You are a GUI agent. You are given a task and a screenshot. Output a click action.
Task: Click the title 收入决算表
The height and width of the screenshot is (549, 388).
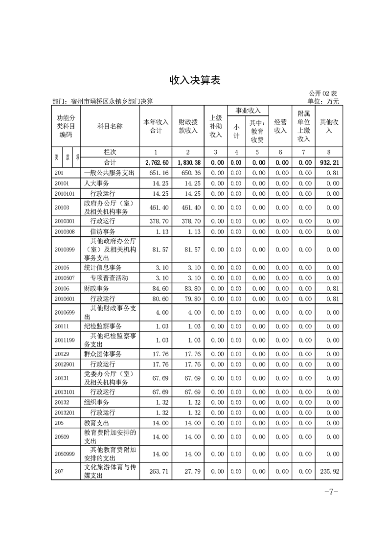click(x=194, y=80)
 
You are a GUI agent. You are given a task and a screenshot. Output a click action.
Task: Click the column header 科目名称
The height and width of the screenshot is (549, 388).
click(x=110, y=126)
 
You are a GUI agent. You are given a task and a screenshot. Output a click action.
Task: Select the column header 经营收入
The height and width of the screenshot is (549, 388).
click(x=280, y=126)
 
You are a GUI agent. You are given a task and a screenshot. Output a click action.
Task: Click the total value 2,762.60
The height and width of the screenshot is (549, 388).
click(x=157, y=162)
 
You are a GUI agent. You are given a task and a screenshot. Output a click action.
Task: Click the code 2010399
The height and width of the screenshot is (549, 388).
click(x=65, y=250)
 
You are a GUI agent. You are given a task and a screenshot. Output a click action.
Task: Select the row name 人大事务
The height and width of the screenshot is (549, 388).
click(x=96, y=183)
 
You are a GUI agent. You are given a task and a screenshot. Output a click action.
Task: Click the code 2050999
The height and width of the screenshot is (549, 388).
click(x=65, y=454)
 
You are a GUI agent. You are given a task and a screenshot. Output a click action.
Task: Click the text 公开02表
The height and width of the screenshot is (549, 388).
click(x=323, y=93)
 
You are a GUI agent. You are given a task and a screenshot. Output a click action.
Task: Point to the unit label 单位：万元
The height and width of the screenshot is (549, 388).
click(x=321, y=101)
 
